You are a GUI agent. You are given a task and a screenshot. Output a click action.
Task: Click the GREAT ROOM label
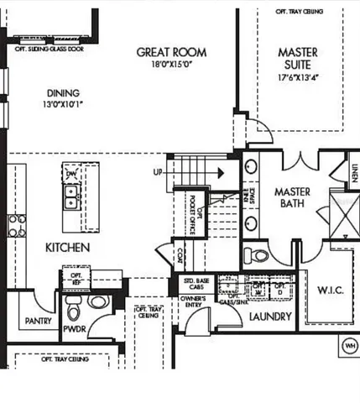(x=172, y=52)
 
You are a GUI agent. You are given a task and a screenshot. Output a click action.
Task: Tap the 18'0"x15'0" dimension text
(x=172, y=64)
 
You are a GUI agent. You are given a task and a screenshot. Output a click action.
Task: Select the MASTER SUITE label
(x=298, y=59)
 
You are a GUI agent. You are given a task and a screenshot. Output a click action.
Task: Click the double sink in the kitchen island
(x=72, y=198)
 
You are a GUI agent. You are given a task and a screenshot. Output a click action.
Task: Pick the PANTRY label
(x=39, y=321)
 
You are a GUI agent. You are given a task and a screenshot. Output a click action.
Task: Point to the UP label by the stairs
(x=157, y=173)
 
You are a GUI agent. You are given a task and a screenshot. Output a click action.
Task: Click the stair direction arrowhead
(x=220, y=174)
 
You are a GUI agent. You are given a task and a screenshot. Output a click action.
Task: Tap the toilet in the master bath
(x=251, y=254)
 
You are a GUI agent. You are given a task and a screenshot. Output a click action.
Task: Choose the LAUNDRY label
(x=270, y=317)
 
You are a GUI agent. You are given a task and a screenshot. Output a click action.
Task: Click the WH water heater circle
(x=349, y=345)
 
